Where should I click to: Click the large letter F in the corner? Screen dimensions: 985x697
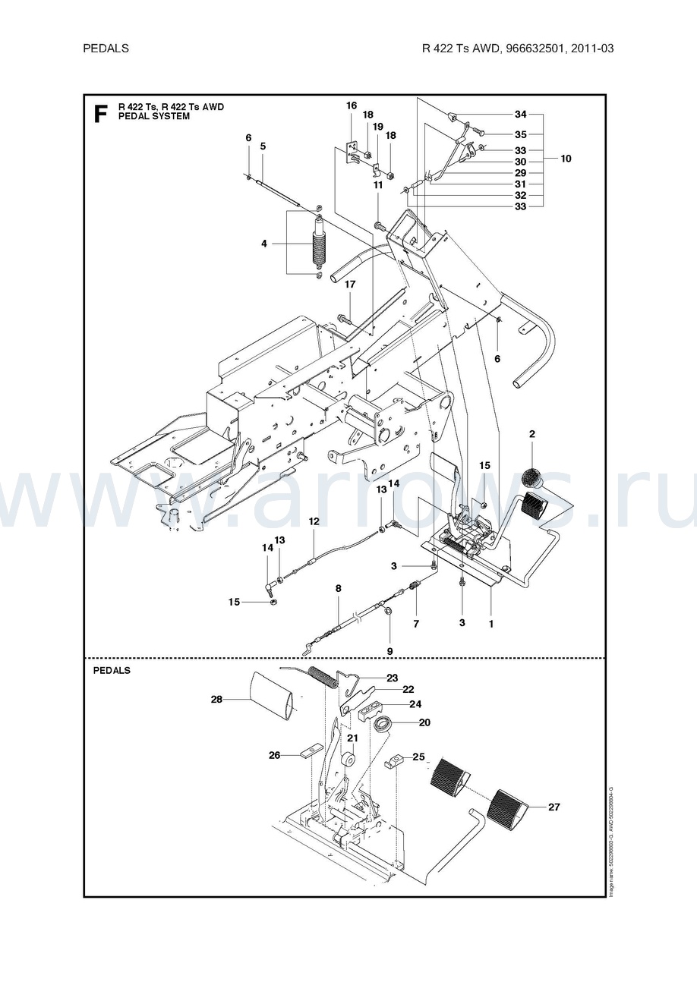(99, 113)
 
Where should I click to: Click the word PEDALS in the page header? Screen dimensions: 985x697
(106, 48)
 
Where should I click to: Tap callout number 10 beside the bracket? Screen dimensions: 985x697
(566, 159)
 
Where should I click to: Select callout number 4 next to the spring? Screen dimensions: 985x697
(264, 244)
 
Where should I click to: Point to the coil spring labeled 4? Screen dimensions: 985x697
(319, 245)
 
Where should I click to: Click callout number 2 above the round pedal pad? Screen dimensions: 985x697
(532, 434)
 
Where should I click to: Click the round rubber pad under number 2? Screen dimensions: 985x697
(533, 478)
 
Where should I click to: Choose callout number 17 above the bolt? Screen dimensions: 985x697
(350, 285)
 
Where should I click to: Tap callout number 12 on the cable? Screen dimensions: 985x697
(314, 521)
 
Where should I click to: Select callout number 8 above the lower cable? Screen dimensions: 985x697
(339, 588)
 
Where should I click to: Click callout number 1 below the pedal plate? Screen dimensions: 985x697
(491, 624)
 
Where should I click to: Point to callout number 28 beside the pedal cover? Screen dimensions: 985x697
(216, 699)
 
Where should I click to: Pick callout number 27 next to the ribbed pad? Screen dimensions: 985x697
(553, 807)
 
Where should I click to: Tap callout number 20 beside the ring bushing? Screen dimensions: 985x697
(424, 722)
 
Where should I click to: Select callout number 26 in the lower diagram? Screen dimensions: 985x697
(274, 754)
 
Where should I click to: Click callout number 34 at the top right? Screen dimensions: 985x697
(520, 115)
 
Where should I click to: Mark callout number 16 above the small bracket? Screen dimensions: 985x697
(352, 105)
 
